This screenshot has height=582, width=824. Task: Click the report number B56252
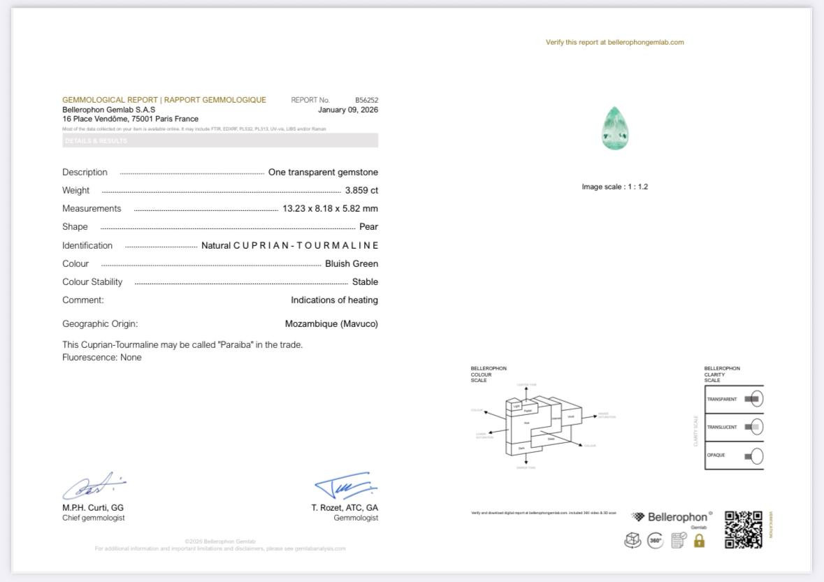pos(366,100)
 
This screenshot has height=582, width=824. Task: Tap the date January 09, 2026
pos(347,110)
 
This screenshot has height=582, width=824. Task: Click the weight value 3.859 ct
pos(361,190)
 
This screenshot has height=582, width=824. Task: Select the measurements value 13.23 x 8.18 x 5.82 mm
pos(330,208)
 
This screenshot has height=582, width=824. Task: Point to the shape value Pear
pos(368,226)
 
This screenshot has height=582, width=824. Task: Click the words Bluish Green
pos(351,263)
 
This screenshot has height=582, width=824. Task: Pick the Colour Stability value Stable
pos(365,282)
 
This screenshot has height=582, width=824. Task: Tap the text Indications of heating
pos(334,300)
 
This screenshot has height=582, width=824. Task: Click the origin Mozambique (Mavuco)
pos(331,323)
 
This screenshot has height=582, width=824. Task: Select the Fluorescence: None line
pos(102,357)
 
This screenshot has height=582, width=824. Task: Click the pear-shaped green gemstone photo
pos(615,128)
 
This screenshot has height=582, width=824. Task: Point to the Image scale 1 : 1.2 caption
pos(614,187)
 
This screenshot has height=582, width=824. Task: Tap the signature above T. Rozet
pos(345,485)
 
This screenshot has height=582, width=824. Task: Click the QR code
pos(743,529)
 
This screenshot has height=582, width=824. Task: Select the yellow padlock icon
pos(699,540)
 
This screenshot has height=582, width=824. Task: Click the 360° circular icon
pos(655,540)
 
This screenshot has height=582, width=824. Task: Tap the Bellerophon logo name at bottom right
pos(677,518)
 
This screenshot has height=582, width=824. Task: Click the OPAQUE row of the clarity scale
pos(734,456)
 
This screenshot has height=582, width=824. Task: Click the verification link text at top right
pos(614,42)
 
